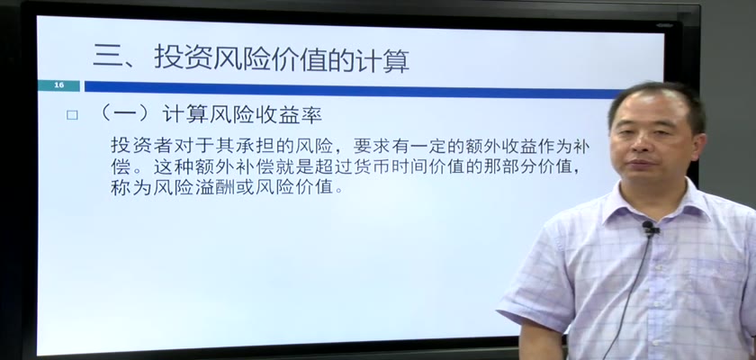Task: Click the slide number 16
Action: (x=58, y=85)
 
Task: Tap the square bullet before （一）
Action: (x=72, y=115)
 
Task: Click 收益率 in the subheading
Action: (x=298, y=114)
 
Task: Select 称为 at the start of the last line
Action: (x=127, y=187)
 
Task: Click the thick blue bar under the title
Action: (x=352, y=86)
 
